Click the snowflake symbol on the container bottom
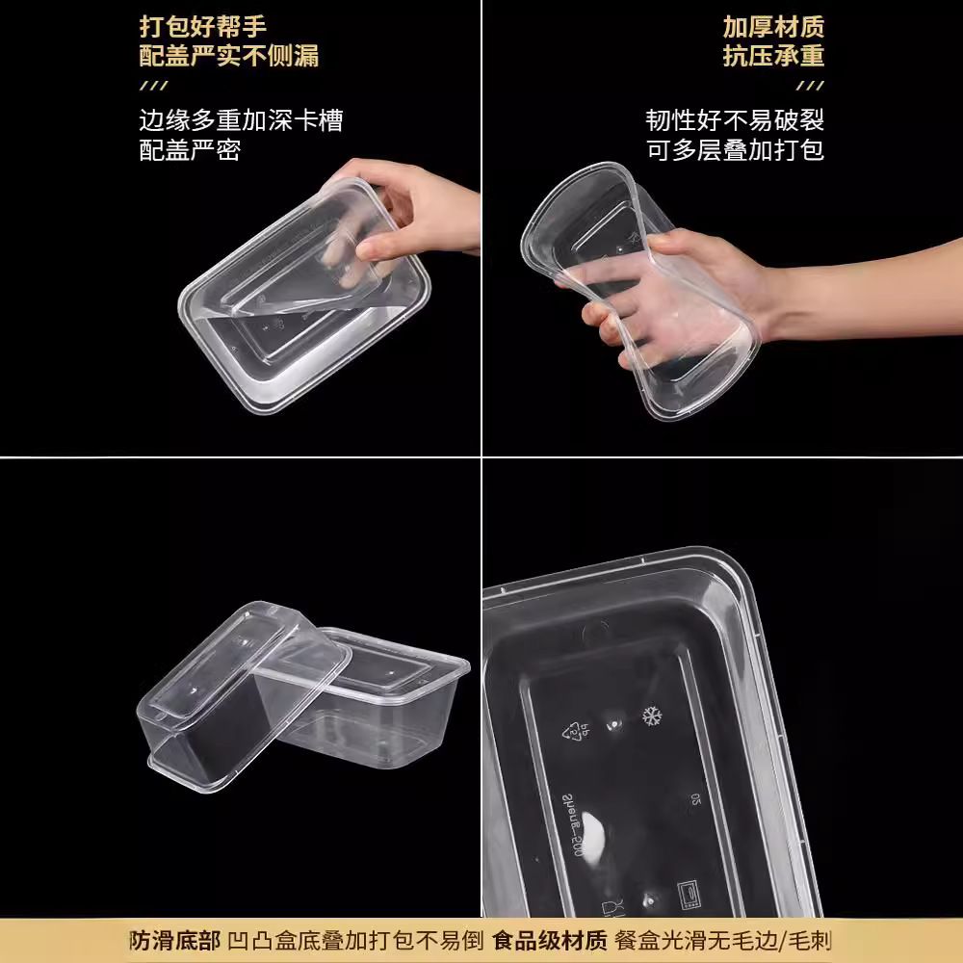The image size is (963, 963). click(x=652, y=716)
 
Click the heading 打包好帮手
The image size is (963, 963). click(x=203, y=26)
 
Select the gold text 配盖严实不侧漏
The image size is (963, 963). click(x=228, y=55)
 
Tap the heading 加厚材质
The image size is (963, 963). click(x=773, y=26)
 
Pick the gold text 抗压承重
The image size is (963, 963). click(x=773, y=55)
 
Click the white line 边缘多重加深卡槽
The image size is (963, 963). click(x=241, y=120)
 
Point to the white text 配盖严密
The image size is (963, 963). click(x=190, y=149)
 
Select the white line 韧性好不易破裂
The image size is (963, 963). click(x=735, y=120)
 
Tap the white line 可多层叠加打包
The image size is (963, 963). click(x=735, y=149)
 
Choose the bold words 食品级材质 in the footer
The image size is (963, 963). click(x=549, y=940)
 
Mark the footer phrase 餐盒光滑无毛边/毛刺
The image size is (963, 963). click(x=723, y=940)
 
